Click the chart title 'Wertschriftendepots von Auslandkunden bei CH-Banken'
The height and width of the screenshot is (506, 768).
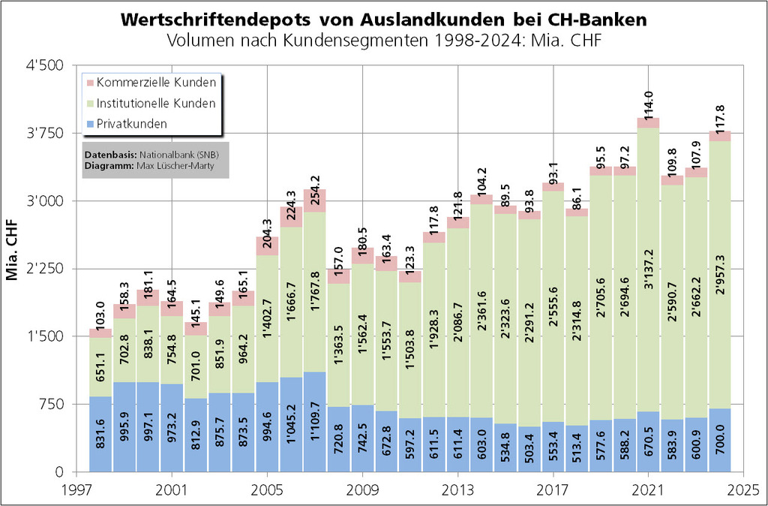(384, 19)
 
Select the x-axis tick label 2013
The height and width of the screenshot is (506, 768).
(457, 487)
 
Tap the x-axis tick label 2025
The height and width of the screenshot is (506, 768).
(743, 487)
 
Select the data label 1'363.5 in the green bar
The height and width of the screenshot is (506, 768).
(339, 350)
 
